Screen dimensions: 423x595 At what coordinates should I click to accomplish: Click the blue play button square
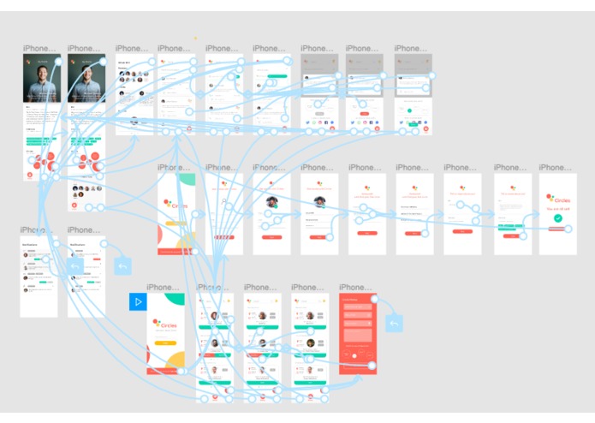138,301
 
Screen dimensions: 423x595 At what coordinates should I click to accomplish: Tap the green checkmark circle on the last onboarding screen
558,218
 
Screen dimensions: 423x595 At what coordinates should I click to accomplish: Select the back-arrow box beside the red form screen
395,324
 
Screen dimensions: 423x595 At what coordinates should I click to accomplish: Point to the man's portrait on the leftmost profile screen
41,81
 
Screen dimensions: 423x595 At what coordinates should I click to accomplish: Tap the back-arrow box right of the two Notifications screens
122,265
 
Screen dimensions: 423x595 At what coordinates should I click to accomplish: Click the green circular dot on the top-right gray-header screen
408,110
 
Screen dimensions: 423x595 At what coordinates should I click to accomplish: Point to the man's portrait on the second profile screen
86,81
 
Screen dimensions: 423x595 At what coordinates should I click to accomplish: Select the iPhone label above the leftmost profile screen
40,49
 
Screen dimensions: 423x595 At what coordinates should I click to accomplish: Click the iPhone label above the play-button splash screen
164,288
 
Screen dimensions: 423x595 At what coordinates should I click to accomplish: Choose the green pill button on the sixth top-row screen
277,76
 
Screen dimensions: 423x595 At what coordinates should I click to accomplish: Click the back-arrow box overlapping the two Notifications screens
75,266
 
